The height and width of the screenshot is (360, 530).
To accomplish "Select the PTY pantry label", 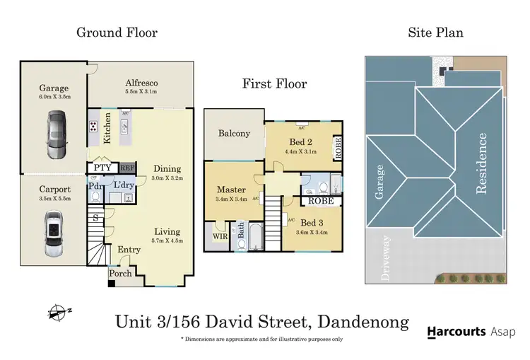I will tap(102, 168).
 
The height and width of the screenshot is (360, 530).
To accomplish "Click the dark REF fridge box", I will tap(126, 168).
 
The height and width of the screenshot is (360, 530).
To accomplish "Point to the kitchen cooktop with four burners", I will tap(93, 127).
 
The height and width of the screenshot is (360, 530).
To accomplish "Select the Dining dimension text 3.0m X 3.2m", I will tap(167, 178).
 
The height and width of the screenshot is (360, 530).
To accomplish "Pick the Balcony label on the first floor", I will tap(234, 133).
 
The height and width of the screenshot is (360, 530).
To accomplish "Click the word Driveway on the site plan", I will tap(385, 259).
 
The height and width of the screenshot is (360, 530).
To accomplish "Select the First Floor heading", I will tap(274, 84).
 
